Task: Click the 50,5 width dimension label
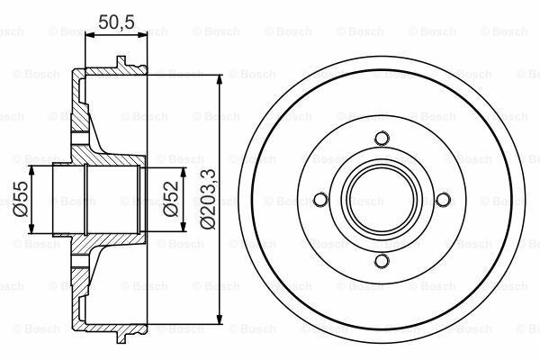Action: (116, 22)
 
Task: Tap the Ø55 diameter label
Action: (21, 199)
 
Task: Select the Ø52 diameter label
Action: (171, 199)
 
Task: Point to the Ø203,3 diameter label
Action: (208, 199)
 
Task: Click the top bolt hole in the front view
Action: (382, 139)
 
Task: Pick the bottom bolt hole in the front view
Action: (382, 260)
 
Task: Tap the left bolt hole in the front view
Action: (321, 200)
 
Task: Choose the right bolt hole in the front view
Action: (443, 200)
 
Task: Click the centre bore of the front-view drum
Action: (382, 200)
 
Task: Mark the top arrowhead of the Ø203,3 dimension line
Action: (219, 80)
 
